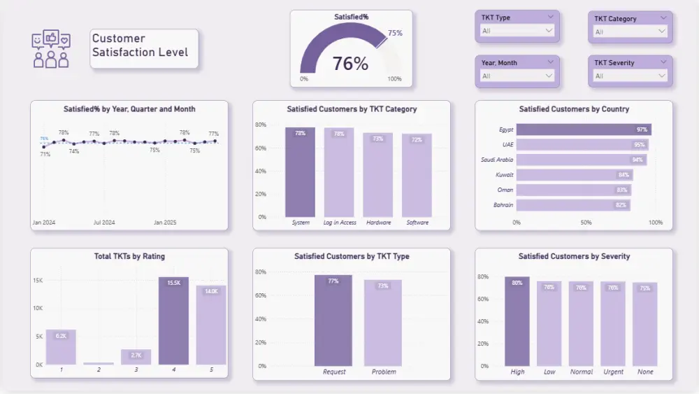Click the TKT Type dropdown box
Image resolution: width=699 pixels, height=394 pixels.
point(517,31)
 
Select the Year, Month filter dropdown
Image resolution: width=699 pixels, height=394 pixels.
point(517,76)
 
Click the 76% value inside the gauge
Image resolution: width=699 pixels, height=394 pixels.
point(350,64)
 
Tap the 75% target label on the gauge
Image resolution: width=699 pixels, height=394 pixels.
point(395,33)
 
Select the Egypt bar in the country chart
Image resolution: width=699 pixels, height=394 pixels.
point(584,129)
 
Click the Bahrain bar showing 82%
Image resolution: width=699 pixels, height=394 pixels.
point(573,205)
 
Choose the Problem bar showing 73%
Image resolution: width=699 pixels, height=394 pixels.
point(383,323)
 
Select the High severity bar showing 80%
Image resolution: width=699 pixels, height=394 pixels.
point(517,321)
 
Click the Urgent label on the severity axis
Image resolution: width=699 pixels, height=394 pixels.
point(613,372)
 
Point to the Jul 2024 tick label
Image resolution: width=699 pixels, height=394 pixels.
point(103,223)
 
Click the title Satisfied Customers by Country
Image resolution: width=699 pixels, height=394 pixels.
point(574,109)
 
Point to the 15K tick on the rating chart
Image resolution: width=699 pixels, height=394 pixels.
point(38,281)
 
